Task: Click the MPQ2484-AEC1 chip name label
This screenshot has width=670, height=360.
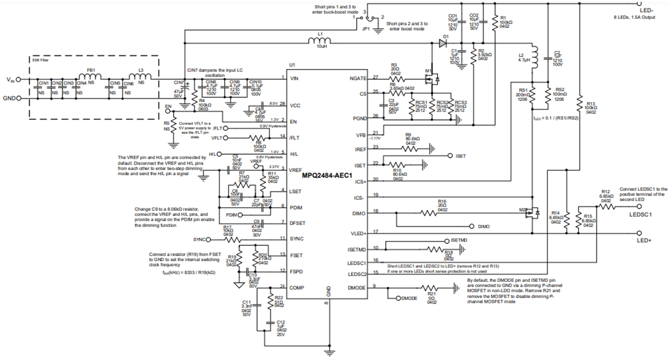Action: [327, 175]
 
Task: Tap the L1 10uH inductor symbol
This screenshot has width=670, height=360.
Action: [320, 40]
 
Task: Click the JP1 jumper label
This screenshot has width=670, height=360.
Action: [366, 26]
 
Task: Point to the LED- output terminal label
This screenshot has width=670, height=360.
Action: [647, 10]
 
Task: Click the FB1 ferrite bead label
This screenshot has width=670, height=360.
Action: [89, 71]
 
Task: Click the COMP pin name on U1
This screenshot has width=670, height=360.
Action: [298, 287]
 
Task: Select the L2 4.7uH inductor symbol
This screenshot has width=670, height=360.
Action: [533, 55]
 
